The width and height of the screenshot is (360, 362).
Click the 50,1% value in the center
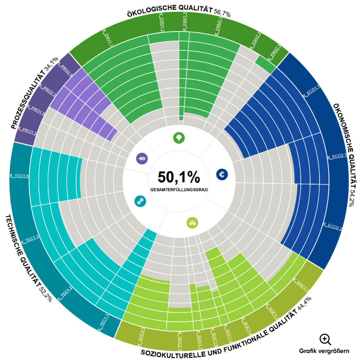click(179, 177)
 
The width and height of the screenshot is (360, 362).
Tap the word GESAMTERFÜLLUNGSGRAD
click(179, 190)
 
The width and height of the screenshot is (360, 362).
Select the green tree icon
click(179, 138)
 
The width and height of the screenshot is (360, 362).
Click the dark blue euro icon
click(222, 174)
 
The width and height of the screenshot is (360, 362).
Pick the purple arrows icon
click(142, 158)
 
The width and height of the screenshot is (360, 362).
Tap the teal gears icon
click(140, 200)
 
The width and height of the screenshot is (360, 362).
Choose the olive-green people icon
click(192, 222)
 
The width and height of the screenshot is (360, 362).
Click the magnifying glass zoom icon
click(325, 339)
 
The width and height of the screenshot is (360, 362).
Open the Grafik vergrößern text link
click(324, 351)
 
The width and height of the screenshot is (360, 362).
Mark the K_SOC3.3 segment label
click(141, 336)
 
